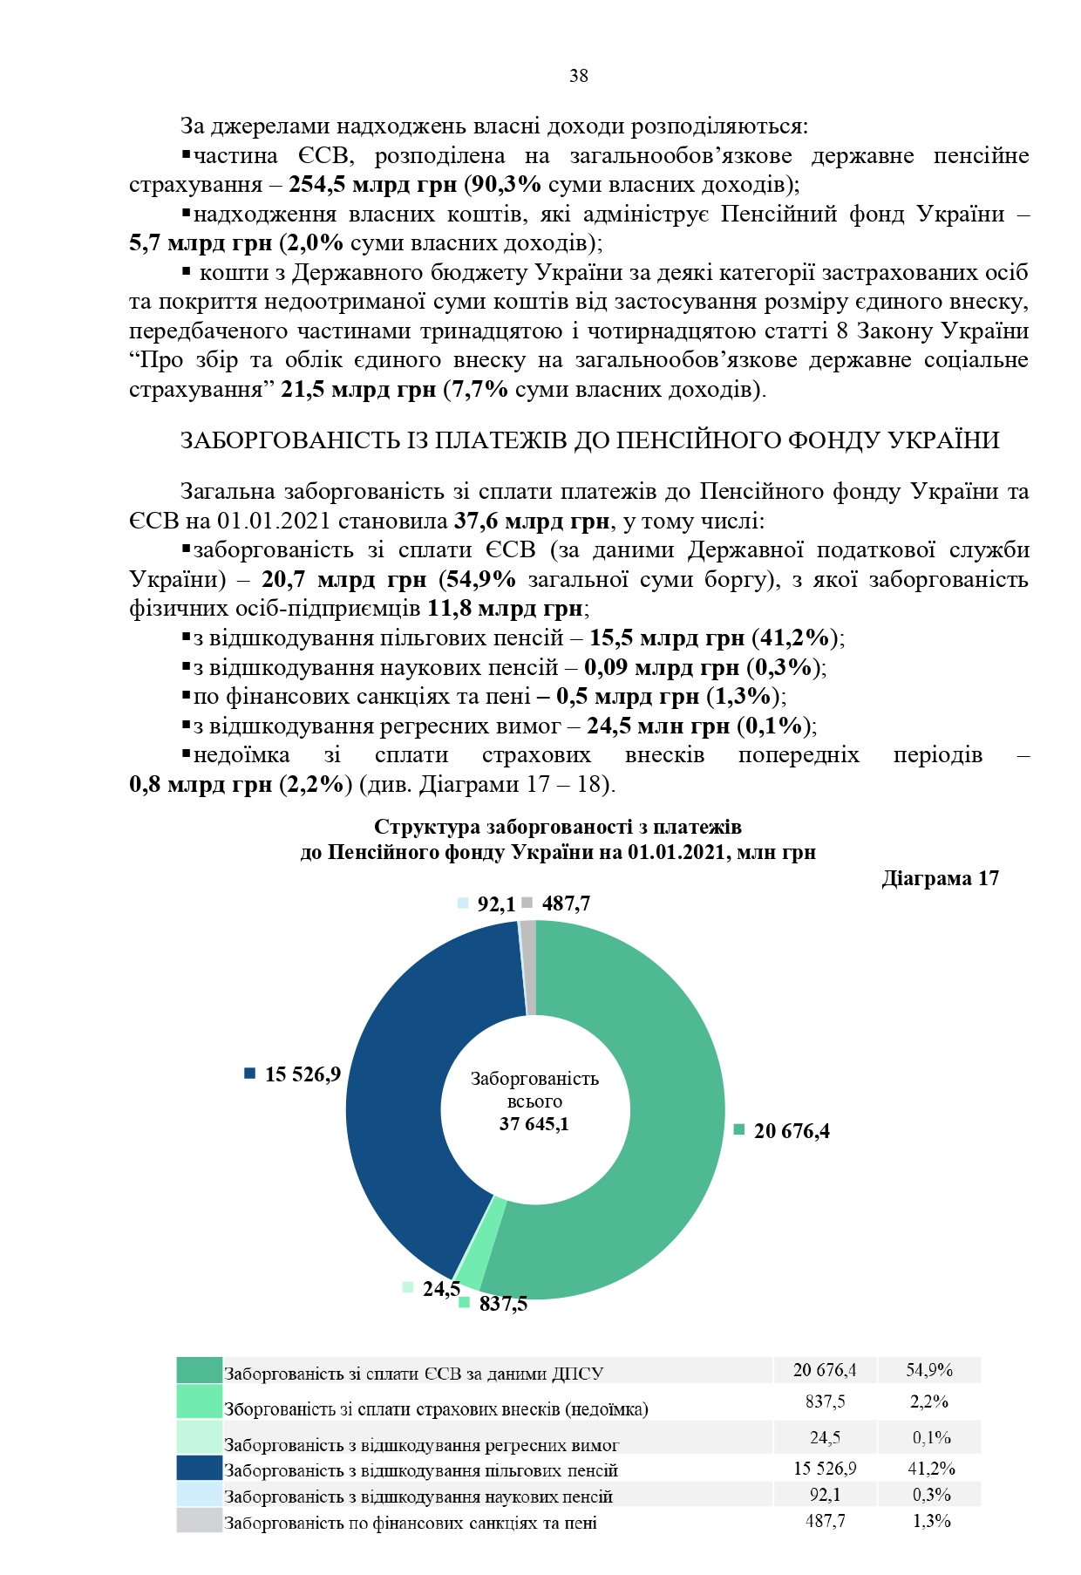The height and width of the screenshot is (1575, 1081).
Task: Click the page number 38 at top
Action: point(579,76)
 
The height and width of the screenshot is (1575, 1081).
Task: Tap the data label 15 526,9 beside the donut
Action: point(303,1074)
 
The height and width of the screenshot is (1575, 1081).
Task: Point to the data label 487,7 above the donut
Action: point(565,903)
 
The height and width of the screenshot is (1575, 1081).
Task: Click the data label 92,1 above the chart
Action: point(495,904)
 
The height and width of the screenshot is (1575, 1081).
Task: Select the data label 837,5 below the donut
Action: point(503,1304)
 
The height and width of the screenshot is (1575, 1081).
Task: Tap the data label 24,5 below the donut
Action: point(440,1288)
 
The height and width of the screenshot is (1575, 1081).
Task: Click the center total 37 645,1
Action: point(534,1124)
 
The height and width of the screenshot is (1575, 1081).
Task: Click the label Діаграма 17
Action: point(940,878)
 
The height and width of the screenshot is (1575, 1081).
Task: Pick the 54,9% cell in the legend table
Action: point(929,1370)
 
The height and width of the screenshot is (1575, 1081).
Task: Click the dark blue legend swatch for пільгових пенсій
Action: point(199,1469)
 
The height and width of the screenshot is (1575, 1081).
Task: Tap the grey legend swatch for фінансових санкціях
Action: point(199,1521)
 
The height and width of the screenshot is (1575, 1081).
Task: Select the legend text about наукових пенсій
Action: point(418,1497)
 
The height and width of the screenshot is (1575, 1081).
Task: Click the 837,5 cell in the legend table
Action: point(825,1401)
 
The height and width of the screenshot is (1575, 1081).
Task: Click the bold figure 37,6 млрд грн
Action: point(532,522)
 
